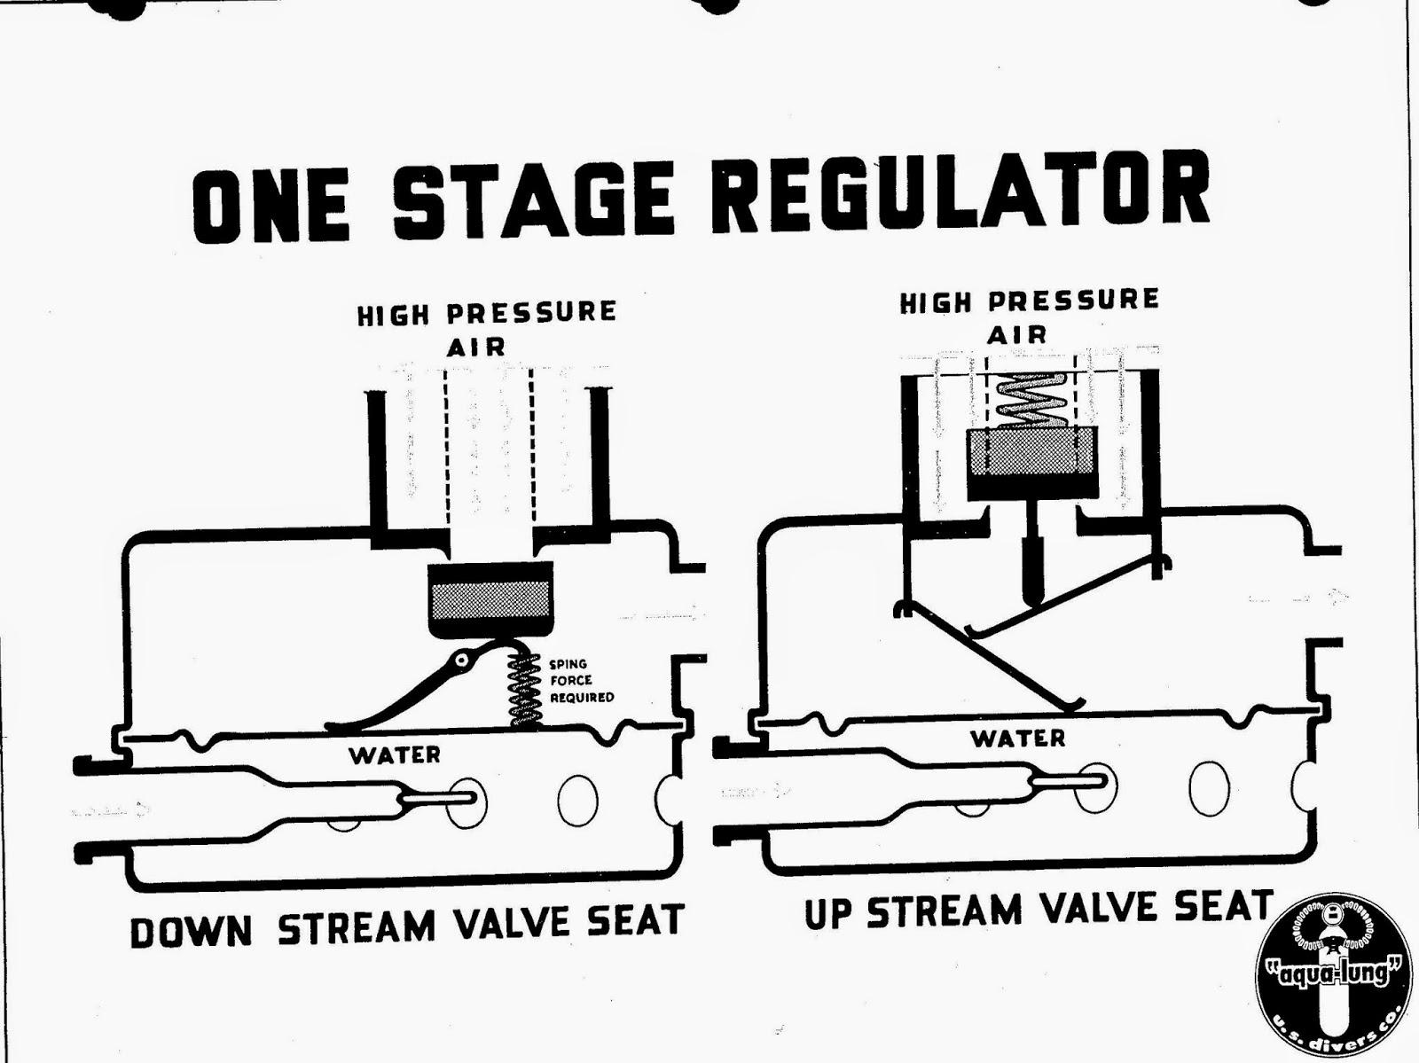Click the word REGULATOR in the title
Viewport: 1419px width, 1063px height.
[x=960, y=196]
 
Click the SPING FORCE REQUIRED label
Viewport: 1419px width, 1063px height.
[x=581, y=681]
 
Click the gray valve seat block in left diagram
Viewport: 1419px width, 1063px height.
[x=490, y=600]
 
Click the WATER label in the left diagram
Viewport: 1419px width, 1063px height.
[x=394, y=754]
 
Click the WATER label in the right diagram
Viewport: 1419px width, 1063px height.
[x=1017, y=738]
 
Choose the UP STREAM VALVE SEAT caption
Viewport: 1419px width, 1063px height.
[x=1038, y=909]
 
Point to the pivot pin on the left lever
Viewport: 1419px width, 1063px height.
[x=461, y=660]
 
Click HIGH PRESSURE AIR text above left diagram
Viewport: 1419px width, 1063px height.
[x=486, y=327]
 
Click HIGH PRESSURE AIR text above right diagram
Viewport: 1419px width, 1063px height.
[x=1029, y=316]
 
